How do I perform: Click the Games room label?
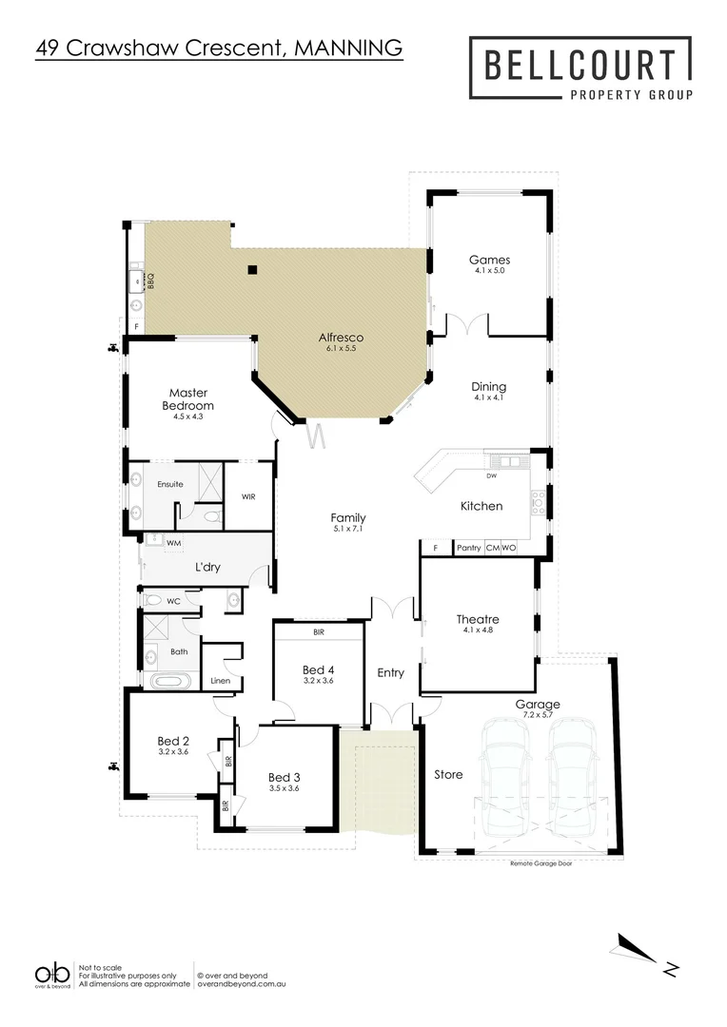pos(489,260)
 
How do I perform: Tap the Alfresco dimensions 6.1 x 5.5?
pos(342,349)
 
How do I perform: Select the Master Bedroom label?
pos(188,398)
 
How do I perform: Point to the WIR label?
pos(248,496)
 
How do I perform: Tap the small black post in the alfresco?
pos(252,270)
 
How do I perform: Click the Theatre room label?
pos(478,619)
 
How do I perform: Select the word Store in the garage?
pos(448,775)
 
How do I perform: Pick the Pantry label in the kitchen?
pos(468,548)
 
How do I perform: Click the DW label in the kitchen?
pos(491,475)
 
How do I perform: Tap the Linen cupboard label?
pos(220,681)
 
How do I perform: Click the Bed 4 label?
pos(318,669)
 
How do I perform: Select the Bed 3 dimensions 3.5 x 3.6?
pos(285,787)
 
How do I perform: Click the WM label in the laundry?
pos(173,543)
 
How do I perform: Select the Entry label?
pos(390,672)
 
